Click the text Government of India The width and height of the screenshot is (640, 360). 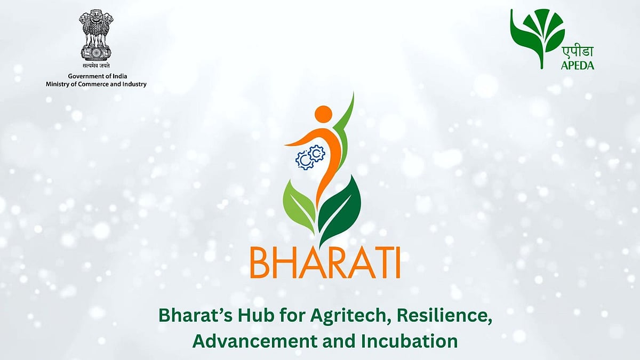click(98, 76)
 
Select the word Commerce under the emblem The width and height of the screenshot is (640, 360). click(92, 84)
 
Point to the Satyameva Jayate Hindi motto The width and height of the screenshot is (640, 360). click(95, 66)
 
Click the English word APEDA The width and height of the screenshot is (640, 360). click(578, 66)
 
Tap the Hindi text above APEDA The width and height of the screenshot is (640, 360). click(578, 52)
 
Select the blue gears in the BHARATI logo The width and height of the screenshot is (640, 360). click(310, 157)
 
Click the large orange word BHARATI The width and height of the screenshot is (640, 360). click(325, 265)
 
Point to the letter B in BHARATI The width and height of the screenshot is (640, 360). click(259, 265)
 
